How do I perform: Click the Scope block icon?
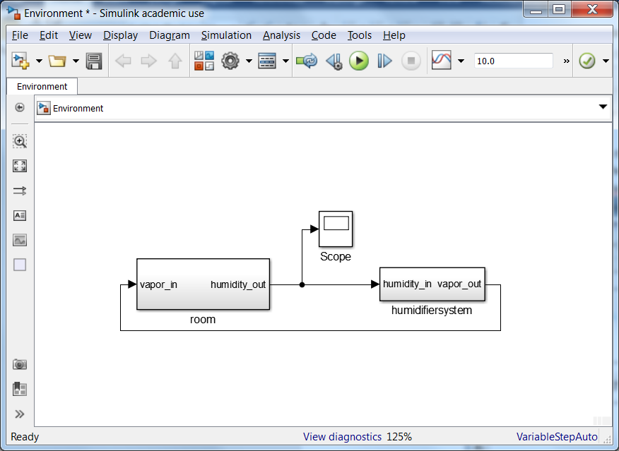(336, 229)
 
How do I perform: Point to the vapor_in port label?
(159, 284)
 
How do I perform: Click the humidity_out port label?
(238, 284)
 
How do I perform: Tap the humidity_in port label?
(407, 284)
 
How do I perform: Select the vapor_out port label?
(459, 284)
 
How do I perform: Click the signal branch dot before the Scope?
(302, 285)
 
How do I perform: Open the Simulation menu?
(226, 35)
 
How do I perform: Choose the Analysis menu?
(281, 35)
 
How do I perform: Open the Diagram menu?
(170, 35)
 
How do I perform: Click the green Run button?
(359, 61)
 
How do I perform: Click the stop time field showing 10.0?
(513, 61)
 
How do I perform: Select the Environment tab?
(42, 86)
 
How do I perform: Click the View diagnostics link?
(342, 437)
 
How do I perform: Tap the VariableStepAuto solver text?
(557, 437)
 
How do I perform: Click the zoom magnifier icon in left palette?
(20, 141)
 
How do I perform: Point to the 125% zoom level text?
(399, 437)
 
